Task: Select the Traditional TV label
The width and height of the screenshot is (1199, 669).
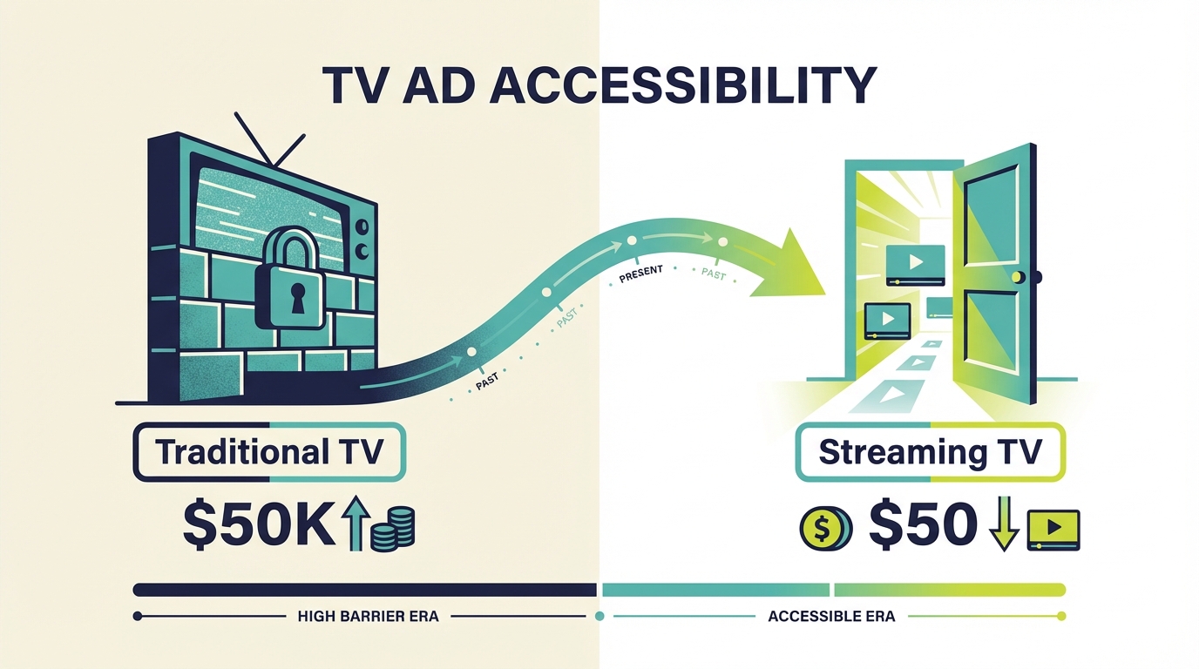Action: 268,452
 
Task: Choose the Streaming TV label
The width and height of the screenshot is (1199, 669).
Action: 930,452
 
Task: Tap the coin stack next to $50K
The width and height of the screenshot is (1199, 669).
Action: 392,528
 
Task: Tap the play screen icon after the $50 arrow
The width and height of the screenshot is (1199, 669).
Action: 1053,529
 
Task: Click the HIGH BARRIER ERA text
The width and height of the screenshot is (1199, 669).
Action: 368,616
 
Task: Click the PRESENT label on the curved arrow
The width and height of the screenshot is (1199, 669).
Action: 640,274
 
